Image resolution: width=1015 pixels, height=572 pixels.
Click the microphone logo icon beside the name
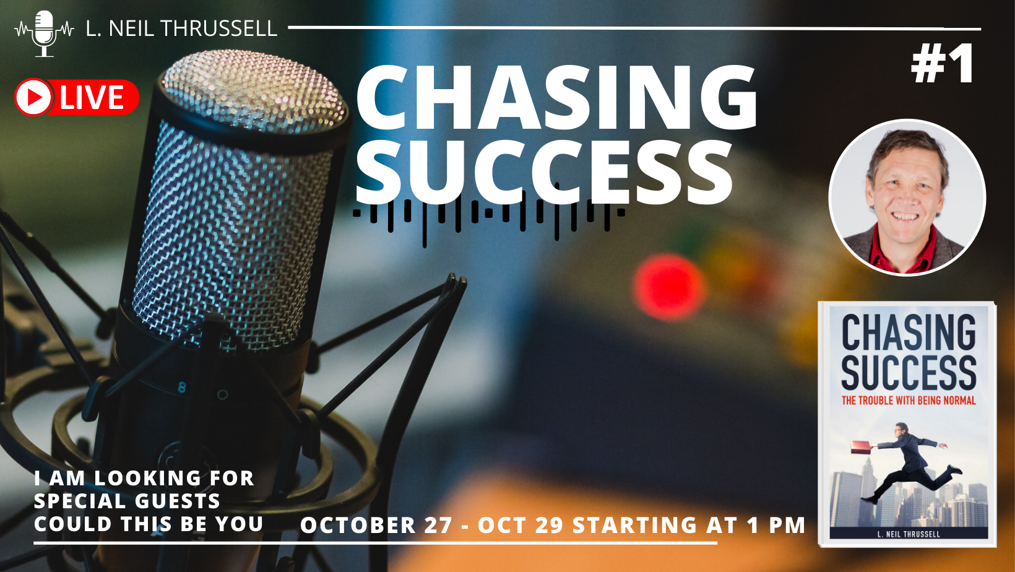44,32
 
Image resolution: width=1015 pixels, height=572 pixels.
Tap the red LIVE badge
77,97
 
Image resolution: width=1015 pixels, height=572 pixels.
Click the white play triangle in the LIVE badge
35,97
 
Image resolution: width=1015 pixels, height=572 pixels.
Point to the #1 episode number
943,64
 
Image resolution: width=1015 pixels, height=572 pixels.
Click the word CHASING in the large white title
556,99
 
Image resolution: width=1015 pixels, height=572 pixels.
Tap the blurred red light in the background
668,287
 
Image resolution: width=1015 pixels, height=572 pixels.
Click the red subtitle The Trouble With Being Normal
908,401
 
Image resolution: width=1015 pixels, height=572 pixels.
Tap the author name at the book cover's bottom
908,534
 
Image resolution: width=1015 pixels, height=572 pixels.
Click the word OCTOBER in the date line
358,526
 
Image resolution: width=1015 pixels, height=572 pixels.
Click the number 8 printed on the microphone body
182,388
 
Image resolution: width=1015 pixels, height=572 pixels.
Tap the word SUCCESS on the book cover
908,373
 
